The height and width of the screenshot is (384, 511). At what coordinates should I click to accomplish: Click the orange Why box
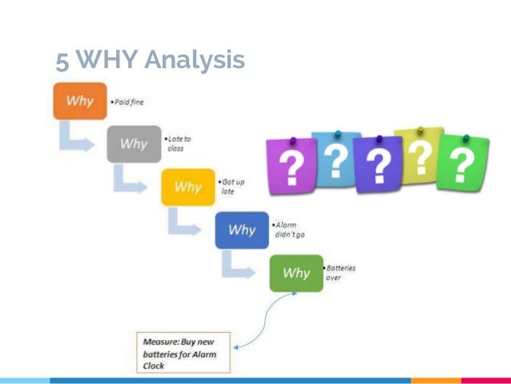click(79, 101)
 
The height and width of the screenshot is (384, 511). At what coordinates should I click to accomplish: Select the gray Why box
click(134, 144)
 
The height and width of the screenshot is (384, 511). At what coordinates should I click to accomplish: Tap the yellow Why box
click(187, 187)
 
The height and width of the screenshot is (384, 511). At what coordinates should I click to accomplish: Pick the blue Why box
click(242, 230)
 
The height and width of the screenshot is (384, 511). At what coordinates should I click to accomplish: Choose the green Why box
click(296, 273)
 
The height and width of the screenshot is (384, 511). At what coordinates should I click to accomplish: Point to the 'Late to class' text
click(179, 143)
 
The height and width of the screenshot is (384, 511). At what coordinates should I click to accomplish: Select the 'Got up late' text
click(233, 187)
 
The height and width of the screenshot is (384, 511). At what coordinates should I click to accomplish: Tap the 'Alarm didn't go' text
click(289, 229)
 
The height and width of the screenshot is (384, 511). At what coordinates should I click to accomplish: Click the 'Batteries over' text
click(342, 273)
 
